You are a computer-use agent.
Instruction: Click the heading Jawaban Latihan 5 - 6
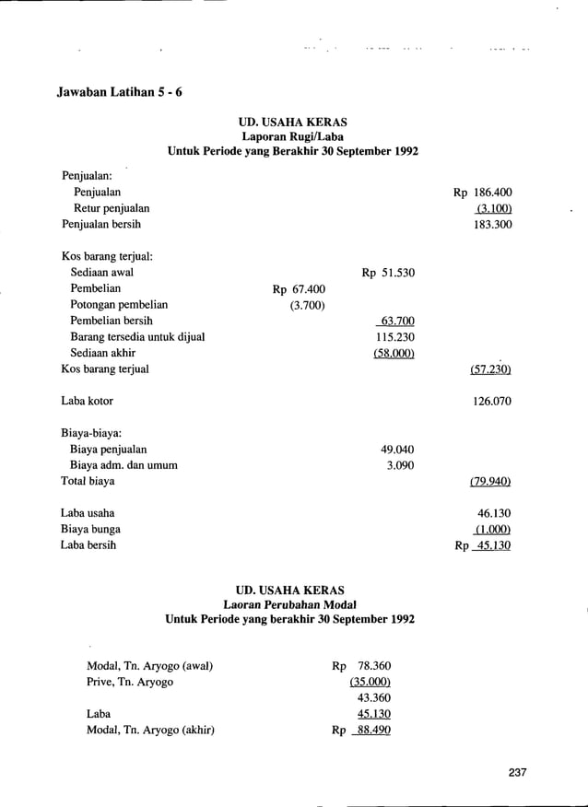pyautogui.click(x=120, y=95)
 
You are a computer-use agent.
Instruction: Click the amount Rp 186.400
pyautogui.click(x=482, y=193)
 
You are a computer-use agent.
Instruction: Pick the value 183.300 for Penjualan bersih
pyautogui.click(x=492, y=225)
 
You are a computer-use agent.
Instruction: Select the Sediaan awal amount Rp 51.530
pyautogui.click(x=388, y=273)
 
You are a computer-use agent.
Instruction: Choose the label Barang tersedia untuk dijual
pyautogui.click(x=137, y=337)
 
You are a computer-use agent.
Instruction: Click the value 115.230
pyautogui.click(x=395, y=337)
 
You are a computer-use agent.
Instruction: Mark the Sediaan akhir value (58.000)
pyautogui.click(x=394, y=353)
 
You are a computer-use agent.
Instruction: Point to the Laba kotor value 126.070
pyautogui.click(x=492, y=402)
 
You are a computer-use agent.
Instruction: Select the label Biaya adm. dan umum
pyautogui.click(x=124, y=465)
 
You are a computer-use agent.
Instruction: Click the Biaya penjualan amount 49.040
pyautogui.click(x=397, y=450)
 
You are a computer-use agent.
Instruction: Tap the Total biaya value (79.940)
pyautogui.click(x=490, y=481)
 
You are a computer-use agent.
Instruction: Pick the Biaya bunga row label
pyautogui.click(x=91, y=529)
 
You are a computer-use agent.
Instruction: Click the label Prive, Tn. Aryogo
pyautogui.click(x=130, y=682)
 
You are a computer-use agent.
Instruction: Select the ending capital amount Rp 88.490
pyautogui.click(x=362, y=731)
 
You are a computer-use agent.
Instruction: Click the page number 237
pyautogui.click(x=517, y=773)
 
